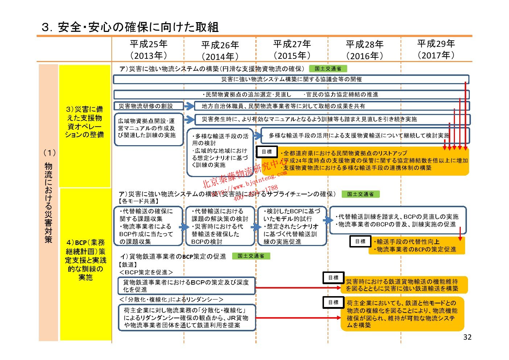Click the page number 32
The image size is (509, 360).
click(x=467, y=337)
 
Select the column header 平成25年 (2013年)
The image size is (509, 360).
click(x=148, y=50)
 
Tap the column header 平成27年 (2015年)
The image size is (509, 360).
click(x=292, y=50)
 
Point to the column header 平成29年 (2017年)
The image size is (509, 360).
click(x=436, y=49)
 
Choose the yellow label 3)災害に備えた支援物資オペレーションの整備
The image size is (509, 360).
click(x=85, y=122)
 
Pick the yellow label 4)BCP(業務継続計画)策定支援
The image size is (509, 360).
click(x=86, y=260)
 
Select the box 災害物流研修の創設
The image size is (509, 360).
click(x=148, y=106)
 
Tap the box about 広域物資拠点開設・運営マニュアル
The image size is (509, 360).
click(x=148, y=128)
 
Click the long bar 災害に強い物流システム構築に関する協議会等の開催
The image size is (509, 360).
click(x=291, y=79)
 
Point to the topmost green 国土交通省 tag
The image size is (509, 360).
click(x=328, y=69)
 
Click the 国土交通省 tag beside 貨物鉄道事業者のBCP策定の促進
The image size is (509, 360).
click(x=251, y=256)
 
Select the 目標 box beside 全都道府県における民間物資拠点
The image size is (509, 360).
click(x=267, y=152)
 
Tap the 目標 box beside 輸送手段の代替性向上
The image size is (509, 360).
click(x=360, y=241)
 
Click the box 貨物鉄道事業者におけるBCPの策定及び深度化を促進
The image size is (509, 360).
click(x=186, y=286)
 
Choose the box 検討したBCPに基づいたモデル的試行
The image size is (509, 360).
click(x=292, y=226)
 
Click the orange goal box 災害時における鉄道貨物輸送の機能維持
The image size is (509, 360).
click(x=404, y=285)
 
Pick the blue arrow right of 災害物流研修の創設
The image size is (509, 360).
click(x=189, y=106)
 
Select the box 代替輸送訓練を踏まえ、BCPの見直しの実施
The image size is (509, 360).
click(x=398, y=221)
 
